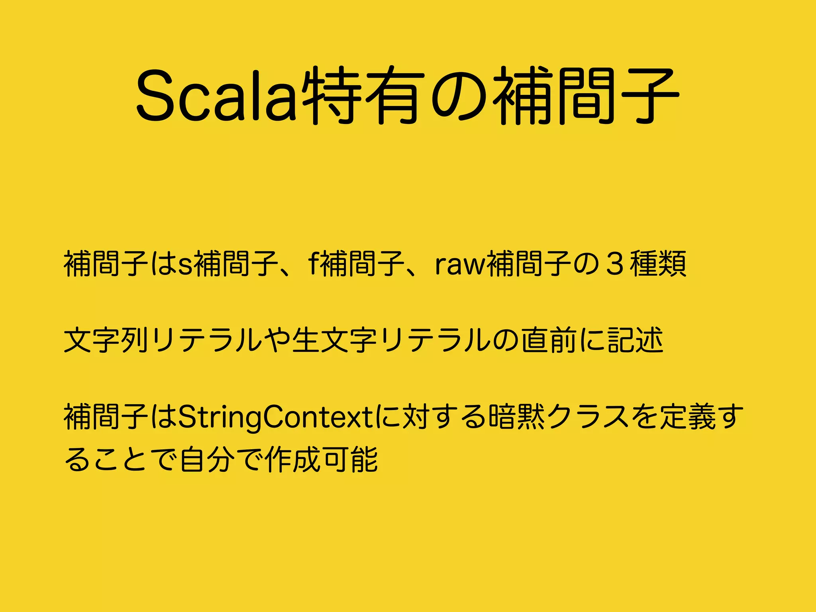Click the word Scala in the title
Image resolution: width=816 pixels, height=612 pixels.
[x=216, y=96]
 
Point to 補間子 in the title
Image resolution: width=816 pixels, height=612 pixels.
[x=586, y=96]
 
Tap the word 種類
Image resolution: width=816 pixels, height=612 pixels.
[x=658, y=264]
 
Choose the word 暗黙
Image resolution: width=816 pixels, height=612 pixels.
[x=516, y=417]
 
